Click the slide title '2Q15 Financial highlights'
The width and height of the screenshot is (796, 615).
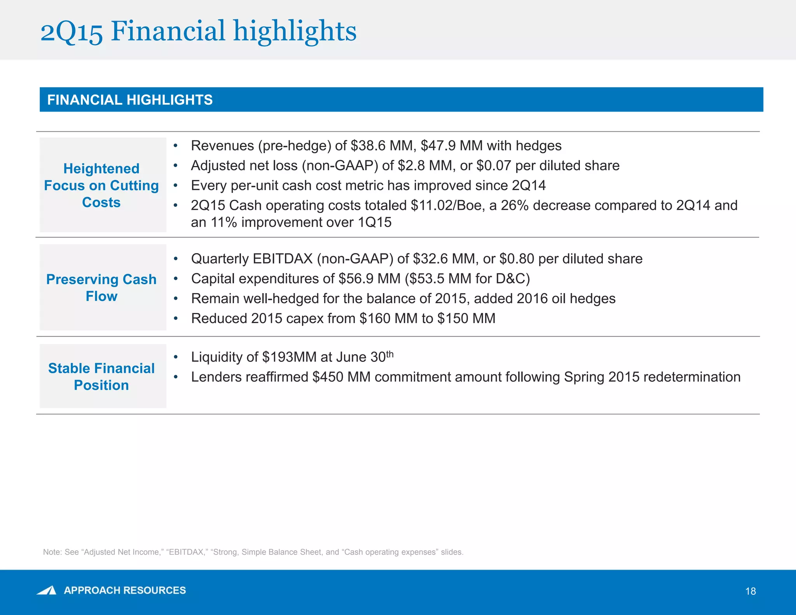[198, 31]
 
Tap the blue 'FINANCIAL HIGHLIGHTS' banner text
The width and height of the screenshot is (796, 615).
[130, 100]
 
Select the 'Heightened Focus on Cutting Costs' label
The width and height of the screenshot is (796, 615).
[101, 185]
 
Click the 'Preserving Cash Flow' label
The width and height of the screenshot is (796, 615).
[101, 288]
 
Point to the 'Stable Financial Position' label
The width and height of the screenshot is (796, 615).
[101, 376]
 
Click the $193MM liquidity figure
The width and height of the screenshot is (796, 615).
[290, 357]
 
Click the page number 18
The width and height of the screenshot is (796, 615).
[751, 591]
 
